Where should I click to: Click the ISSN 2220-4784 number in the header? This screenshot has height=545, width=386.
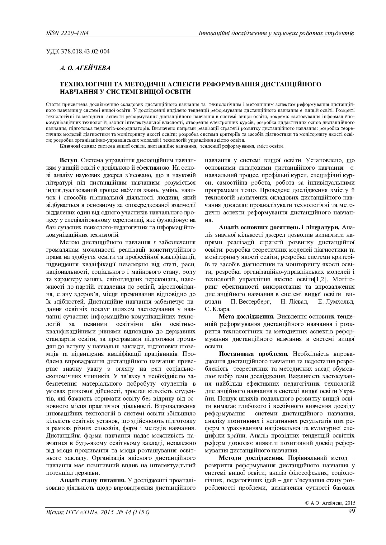coord(67,33)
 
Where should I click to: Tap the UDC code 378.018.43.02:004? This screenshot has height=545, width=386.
coord(78,51)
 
